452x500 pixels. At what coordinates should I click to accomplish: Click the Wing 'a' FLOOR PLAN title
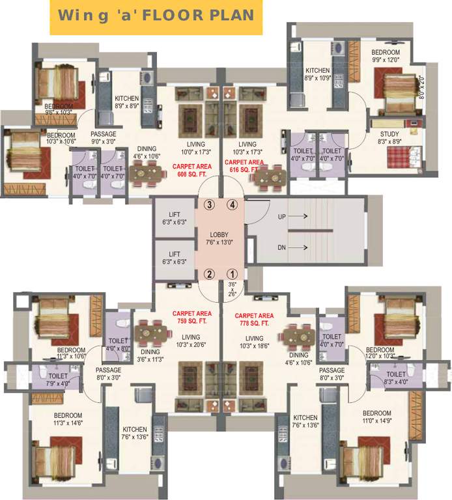pos(156,16)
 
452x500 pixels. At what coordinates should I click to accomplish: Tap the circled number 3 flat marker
pos(210,204)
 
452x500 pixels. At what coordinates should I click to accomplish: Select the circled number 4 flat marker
pos(231,204)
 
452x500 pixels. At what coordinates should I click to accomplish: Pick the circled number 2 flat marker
pos(210,273)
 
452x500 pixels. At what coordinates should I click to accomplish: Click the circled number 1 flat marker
pos(232,273)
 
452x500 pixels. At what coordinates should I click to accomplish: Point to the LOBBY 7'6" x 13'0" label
pos(220,239)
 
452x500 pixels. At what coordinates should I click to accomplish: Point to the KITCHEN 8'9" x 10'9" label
pos(318,74)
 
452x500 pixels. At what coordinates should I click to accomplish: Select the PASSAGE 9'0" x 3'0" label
pos(104,120)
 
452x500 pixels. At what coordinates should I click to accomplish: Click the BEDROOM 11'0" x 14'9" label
pos(376,417)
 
